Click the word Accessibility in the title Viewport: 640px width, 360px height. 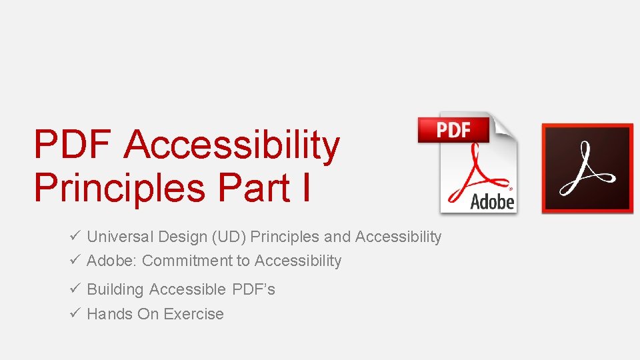click(232, 146)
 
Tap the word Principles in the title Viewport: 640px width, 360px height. click(119, 187)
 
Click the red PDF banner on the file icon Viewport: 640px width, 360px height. click(453, 130)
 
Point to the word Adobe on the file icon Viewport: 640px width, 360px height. click(492, 201)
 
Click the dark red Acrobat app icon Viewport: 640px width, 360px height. click(587, 169)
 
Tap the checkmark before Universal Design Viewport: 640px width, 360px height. click(75, 237)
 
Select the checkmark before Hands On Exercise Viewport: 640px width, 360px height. click(75, 314)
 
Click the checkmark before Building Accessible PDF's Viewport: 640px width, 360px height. click(75, 289)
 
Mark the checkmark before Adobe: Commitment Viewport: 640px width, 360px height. click(75, 261)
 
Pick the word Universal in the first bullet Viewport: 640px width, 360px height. click(120, 237)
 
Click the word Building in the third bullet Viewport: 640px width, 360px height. click(115, 289)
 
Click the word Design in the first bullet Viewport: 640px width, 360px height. click(181, 237)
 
